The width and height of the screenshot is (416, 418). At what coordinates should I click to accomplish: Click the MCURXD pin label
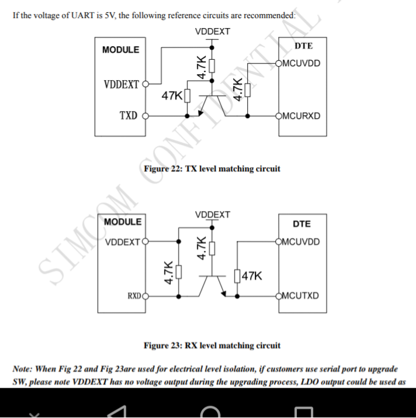(x=301, y=116)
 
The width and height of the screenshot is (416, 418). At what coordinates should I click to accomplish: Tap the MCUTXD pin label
(x=300, y=296)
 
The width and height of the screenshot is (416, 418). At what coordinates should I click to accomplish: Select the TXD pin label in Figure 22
(x=129, y=116)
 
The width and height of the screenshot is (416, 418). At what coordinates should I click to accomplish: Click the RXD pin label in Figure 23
(x=134, y=296)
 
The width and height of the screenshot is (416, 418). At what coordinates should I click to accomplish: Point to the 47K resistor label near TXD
(x=172, y=95)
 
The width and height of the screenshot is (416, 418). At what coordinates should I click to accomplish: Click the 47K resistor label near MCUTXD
(x=252, y=275)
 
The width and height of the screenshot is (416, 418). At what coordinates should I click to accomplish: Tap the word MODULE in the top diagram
(x=121, y=50)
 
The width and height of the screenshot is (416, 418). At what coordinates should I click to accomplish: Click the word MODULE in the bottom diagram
(x=123, y=222)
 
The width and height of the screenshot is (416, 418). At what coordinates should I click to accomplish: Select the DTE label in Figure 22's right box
(x=304, y=46)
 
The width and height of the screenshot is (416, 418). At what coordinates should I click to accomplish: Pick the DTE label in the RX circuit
(x=301, y=224)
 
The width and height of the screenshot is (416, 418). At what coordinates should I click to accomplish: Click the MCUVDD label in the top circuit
(x=301, y=64)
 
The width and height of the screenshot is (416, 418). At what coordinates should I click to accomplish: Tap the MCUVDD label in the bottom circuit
(x=301, y=242)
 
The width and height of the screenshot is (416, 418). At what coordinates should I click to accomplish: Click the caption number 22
(x=176, y=169)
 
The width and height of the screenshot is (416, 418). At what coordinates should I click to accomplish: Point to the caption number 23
(x=176, y=346)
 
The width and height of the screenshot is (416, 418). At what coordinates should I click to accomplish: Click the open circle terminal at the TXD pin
(x=145, y=116)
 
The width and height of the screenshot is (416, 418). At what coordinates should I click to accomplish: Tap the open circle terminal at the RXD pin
(x=145, y=296)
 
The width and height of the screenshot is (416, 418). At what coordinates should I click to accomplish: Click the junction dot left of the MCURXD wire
(x=248, y=116)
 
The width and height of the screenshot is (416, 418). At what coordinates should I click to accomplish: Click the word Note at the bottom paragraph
(x=22, y=369)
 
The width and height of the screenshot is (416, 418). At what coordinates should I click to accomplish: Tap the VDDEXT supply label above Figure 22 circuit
(x=213, y=32)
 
